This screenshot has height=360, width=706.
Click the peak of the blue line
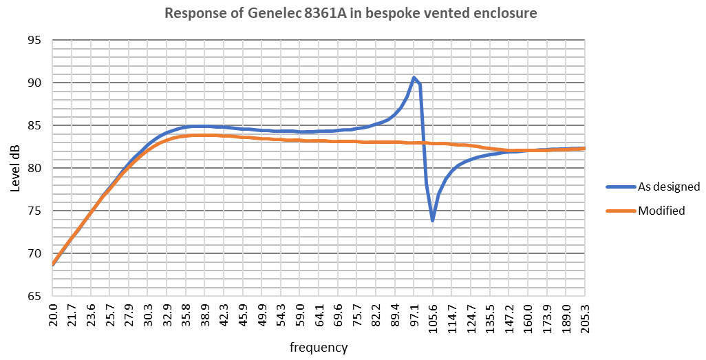click(x=414, y=78)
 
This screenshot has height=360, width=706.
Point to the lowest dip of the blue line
click(x=432, y=220)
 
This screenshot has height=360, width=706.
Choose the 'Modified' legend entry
click(x=661, y=211)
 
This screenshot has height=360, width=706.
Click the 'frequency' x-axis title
click(x=318, y=348)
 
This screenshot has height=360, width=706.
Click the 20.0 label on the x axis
click(x=53, y=316)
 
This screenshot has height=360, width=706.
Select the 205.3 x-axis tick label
click(x=584, y=318)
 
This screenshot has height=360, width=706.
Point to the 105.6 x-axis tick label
click(x=433, y=318)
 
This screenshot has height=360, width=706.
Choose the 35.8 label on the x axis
click(x=186, y=316)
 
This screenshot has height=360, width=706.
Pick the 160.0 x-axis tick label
click(x=527, y=318)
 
